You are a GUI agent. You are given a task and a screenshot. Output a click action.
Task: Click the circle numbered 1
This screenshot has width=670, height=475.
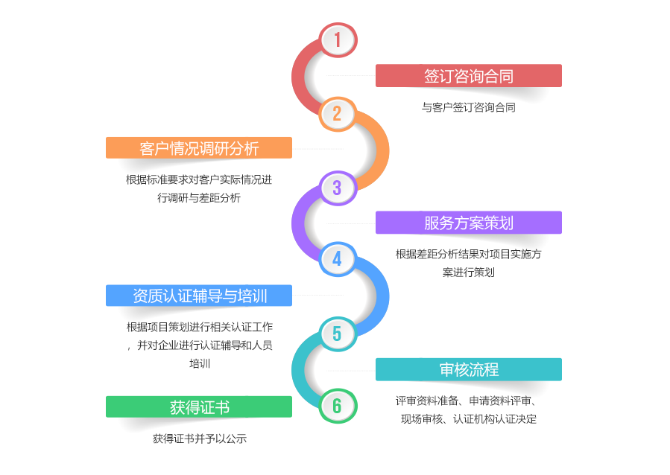tap(338, 40)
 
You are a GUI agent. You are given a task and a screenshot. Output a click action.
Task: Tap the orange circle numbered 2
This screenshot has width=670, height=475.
tap(337, 114)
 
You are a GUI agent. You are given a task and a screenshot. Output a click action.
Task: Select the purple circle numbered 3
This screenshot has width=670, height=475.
tap(338, 188)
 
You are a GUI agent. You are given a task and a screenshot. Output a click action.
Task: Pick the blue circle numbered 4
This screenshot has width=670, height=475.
tap(337, 259)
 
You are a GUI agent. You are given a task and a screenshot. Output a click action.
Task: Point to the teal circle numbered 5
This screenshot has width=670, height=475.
tap(338, 334)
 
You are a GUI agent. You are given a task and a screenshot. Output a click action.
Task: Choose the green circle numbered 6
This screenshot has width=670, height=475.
tap(337, 406)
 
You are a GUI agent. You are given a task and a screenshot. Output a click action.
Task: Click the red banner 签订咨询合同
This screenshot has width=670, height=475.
tap(468, 75)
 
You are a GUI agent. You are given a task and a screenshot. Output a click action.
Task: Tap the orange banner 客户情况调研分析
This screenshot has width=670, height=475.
tap(199, 147)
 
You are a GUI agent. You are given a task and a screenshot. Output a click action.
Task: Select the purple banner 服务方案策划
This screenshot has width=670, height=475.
tap(468, 223)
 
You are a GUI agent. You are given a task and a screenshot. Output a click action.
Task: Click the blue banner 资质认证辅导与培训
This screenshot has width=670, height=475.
tap(199, 296)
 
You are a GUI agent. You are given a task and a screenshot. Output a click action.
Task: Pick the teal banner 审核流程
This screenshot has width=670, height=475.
tap(468, 369)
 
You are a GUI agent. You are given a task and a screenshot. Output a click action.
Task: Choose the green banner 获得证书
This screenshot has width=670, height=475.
tap(199, 407)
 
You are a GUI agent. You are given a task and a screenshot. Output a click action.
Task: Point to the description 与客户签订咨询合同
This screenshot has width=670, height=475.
tap(468, 107)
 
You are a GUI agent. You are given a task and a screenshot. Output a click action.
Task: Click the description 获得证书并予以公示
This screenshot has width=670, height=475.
tap(200, 439)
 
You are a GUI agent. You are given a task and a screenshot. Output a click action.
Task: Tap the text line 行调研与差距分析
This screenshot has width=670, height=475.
tap(199, 198)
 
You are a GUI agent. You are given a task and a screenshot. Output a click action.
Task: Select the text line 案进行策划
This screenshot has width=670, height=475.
tap(468, 272)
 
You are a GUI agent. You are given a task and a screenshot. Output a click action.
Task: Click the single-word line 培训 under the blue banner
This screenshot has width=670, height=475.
tap(200, 363)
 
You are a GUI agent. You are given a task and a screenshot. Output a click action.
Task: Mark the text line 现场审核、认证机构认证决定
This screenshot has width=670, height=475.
tap(468, 419)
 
